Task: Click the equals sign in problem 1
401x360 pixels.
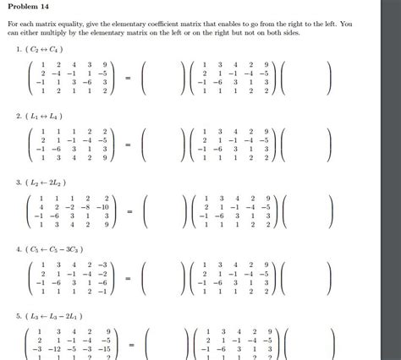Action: pos(129,79)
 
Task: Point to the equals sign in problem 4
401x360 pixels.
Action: pos(129,278)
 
